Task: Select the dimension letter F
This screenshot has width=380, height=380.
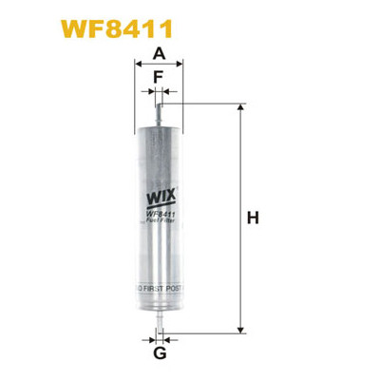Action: click(159, 76)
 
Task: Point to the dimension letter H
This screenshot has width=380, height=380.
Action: click(253, 219)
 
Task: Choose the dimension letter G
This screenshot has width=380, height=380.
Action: click(159, 354)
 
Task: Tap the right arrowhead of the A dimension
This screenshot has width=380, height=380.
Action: click(185, 67)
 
